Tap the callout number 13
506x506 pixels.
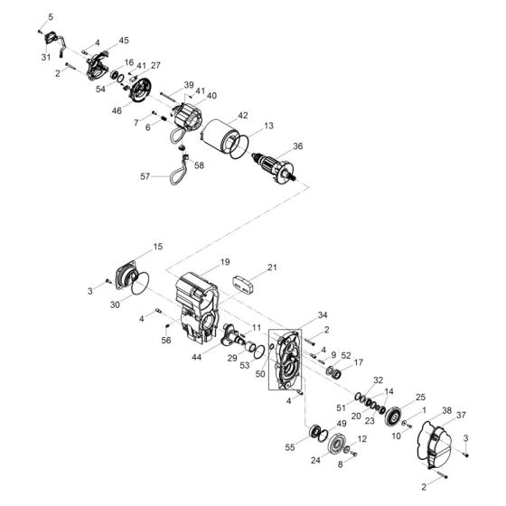(x=268, y=126)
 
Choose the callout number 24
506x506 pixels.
(x=314, y=459)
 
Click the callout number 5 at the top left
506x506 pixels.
(x=51, y=18)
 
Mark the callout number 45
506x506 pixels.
(x=124, y=40)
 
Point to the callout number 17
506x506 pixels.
(x=359, y=363)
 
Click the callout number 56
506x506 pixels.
(x=165, y=342)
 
